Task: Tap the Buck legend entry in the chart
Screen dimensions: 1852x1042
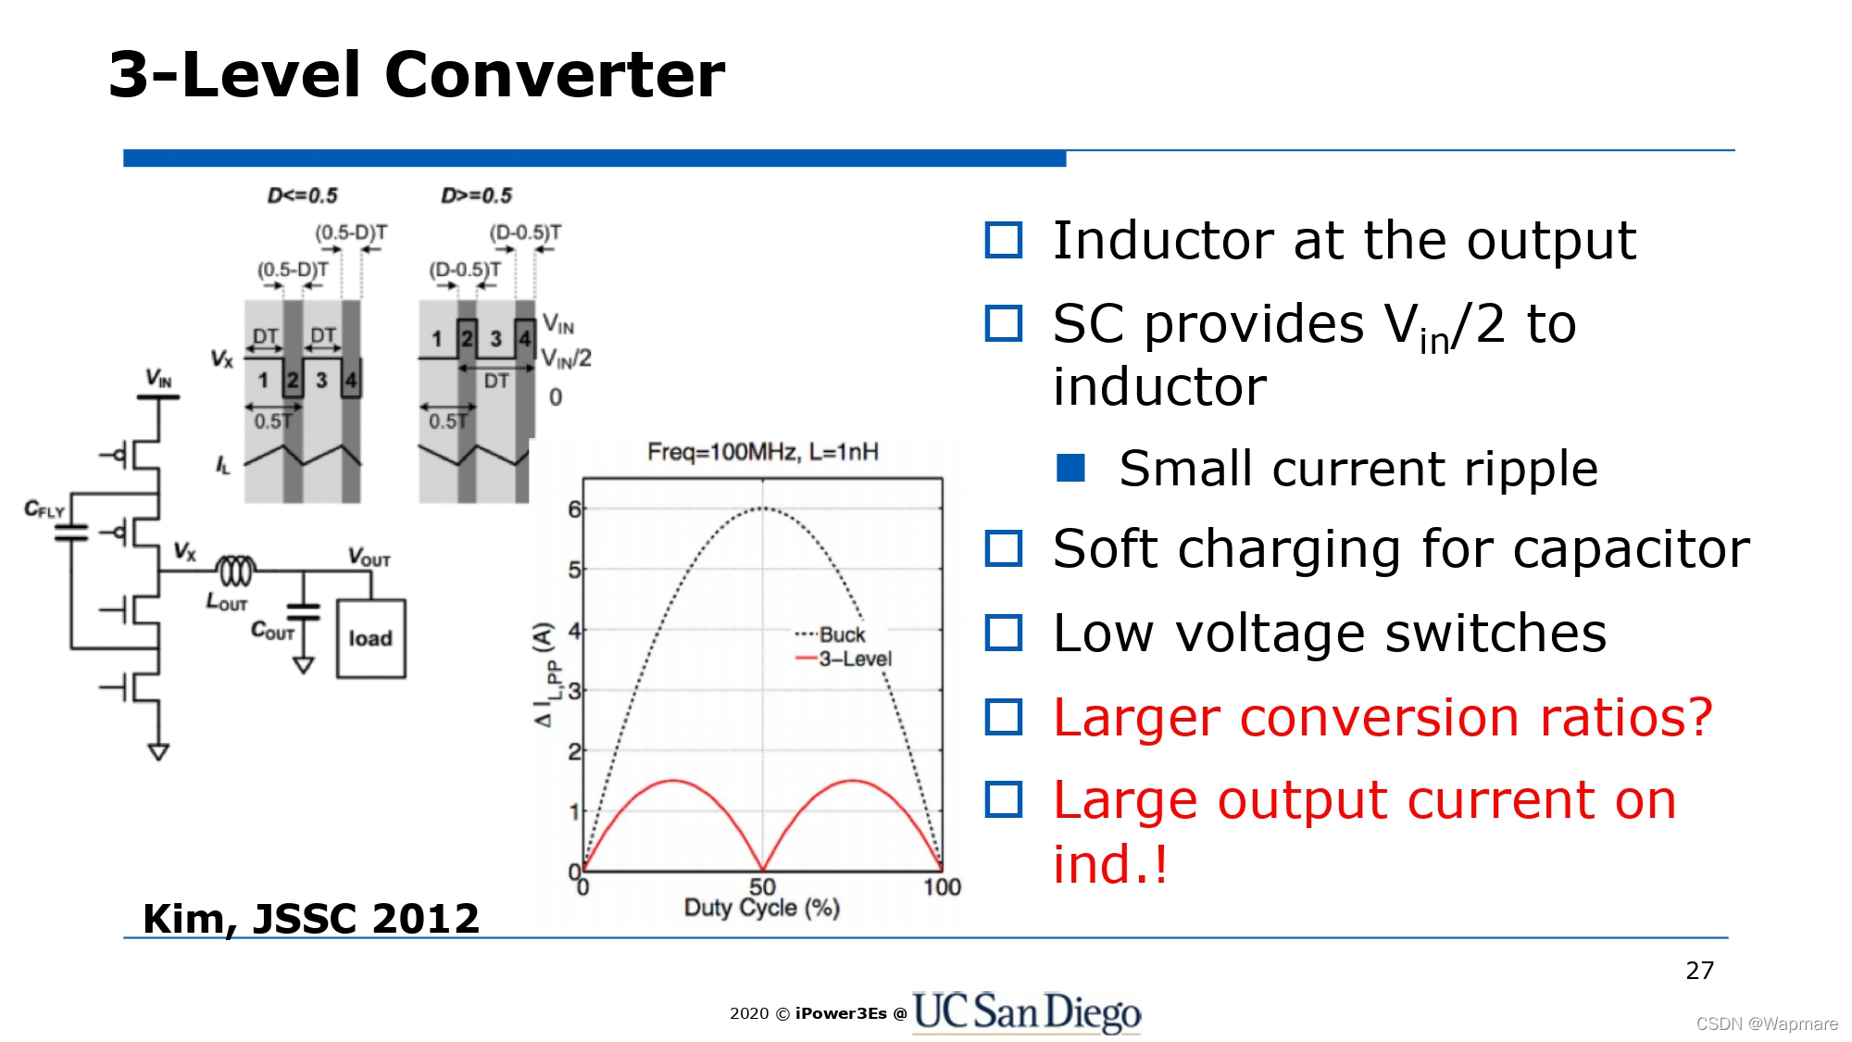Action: [831, 634]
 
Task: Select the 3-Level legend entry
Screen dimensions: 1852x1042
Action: [844, 659]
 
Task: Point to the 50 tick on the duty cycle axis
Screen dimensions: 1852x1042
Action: [762, 886]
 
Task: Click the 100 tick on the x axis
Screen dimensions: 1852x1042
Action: [942, 886]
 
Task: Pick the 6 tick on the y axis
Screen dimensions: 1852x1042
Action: [574, 509]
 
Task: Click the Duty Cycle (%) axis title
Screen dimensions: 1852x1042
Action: [762, 908]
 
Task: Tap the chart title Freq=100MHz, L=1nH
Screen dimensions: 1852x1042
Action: [762, 452]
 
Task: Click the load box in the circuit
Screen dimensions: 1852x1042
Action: [370, 638]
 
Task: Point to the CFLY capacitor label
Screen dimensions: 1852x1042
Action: [44, 509]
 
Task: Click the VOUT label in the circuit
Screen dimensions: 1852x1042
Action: [369, 557]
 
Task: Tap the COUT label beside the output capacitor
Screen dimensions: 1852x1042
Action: [272, 631]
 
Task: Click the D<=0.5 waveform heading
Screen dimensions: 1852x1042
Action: [303, 195]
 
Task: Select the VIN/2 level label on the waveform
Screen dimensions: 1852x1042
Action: [566, 358]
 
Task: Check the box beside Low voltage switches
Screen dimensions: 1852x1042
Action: [1004, 634]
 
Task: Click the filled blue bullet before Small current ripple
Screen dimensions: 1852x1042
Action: [1070, 468]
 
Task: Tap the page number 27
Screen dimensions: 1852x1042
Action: [1699, 971]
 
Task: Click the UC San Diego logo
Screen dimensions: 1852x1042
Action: [1026, 1011]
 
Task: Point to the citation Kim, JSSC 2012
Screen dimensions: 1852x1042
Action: [311, 919]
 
